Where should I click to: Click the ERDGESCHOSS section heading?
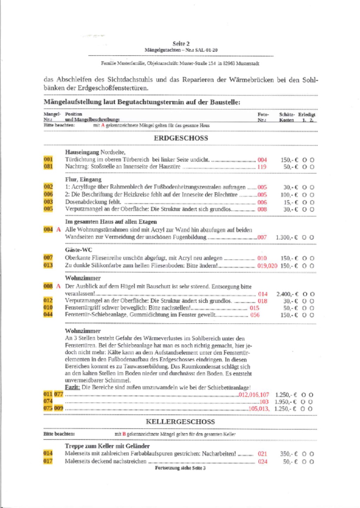click(181, 138)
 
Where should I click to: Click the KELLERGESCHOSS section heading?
click(180, 422)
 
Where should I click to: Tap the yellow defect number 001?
click(48, 159)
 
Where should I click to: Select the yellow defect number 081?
click(48, 167)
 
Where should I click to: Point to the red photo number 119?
click(262, 167)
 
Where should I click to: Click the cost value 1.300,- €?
click(287, 237)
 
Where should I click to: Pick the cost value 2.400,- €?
click(287, 294)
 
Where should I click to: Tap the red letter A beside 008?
click(58, 286)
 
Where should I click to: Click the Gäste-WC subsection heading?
click(78, 250)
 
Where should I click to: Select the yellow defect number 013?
click(48, 265)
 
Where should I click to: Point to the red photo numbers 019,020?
click(267, 266)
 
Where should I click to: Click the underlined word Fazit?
click(72, 387)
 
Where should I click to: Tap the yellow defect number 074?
click(48, 401)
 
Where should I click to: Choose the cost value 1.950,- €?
click(286, 402)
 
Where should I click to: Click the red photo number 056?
click(255, 315)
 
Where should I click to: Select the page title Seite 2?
click(181, 44)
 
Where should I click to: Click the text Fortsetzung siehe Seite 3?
click(180, 468)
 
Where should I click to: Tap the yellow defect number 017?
click(48, 461)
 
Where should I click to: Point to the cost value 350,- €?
click(289, 454)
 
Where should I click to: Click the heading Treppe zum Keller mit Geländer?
click(107, 446)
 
